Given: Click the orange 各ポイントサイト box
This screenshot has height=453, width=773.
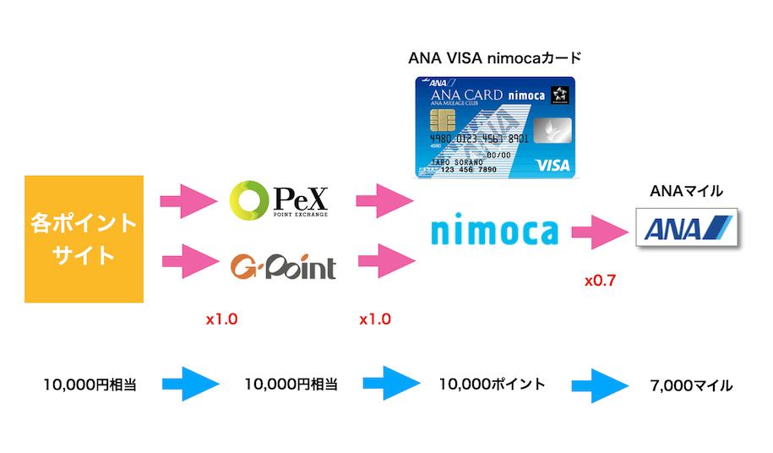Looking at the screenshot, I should pos(84,238).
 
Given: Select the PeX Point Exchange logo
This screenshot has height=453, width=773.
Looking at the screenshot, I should pos(280,201).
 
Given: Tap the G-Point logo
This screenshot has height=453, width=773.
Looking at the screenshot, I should pos(283,266).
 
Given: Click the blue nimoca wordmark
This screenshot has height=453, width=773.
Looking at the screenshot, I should pos(494,232).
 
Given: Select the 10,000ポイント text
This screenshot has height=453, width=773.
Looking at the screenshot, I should pos(492,385).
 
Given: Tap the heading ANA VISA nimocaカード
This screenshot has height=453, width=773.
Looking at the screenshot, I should pos(494,59).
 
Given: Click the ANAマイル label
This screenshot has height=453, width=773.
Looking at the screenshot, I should pos(686,191).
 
